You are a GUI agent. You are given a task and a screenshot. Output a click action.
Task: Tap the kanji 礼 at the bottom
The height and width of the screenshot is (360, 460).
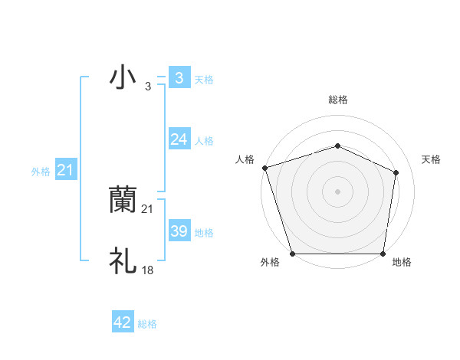[x=123, y=261]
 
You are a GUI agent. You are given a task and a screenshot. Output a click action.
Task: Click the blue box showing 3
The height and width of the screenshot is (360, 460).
[x=179, y=77]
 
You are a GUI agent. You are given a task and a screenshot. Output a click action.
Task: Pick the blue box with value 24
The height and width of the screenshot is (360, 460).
[x=179, y=139]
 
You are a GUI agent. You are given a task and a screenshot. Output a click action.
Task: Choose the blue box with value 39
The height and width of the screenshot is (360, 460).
[x=179, y=231]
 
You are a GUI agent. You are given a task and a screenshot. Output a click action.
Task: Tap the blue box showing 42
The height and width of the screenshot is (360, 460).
[x=123, y=322]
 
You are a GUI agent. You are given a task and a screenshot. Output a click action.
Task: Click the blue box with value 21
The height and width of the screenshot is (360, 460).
[x=65, y=170]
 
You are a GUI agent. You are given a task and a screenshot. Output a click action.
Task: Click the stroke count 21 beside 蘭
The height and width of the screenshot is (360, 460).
[x=148, y=208]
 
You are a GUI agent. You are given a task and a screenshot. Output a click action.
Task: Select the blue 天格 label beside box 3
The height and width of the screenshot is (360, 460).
[x=204, y=79]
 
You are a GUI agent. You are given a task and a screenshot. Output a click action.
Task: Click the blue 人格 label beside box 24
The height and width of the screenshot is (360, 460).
[x=204, y=141]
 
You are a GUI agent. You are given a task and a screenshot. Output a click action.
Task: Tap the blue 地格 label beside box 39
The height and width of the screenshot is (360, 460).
[x=204, y=233]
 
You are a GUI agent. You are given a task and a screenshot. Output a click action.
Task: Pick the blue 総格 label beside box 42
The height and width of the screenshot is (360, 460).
[x=147, y=324]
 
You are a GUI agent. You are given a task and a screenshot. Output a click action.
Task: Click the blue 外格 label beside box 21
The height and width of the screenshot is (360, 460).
[x=41, y=172]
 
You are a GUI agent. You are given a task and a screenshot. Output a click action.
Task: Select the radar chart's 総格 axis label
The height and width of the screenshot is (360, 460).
[x=337, y=100]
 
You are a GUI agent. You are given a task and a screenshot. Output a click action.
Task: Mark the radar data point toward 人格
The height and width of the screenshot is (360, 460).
[x=264, y=167]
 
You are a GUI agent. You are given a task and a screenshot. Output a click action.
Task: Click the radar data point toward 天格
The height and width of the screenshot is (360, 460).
[x=396, y=172]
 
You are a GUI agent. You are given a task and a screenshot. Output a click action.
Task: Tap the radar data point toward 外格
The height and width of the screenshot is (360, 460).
[x=293, y=254]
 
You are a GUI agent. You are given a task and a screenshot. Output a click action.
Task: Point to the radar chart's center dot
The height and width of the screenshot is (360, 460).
[x=337, y=191]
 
